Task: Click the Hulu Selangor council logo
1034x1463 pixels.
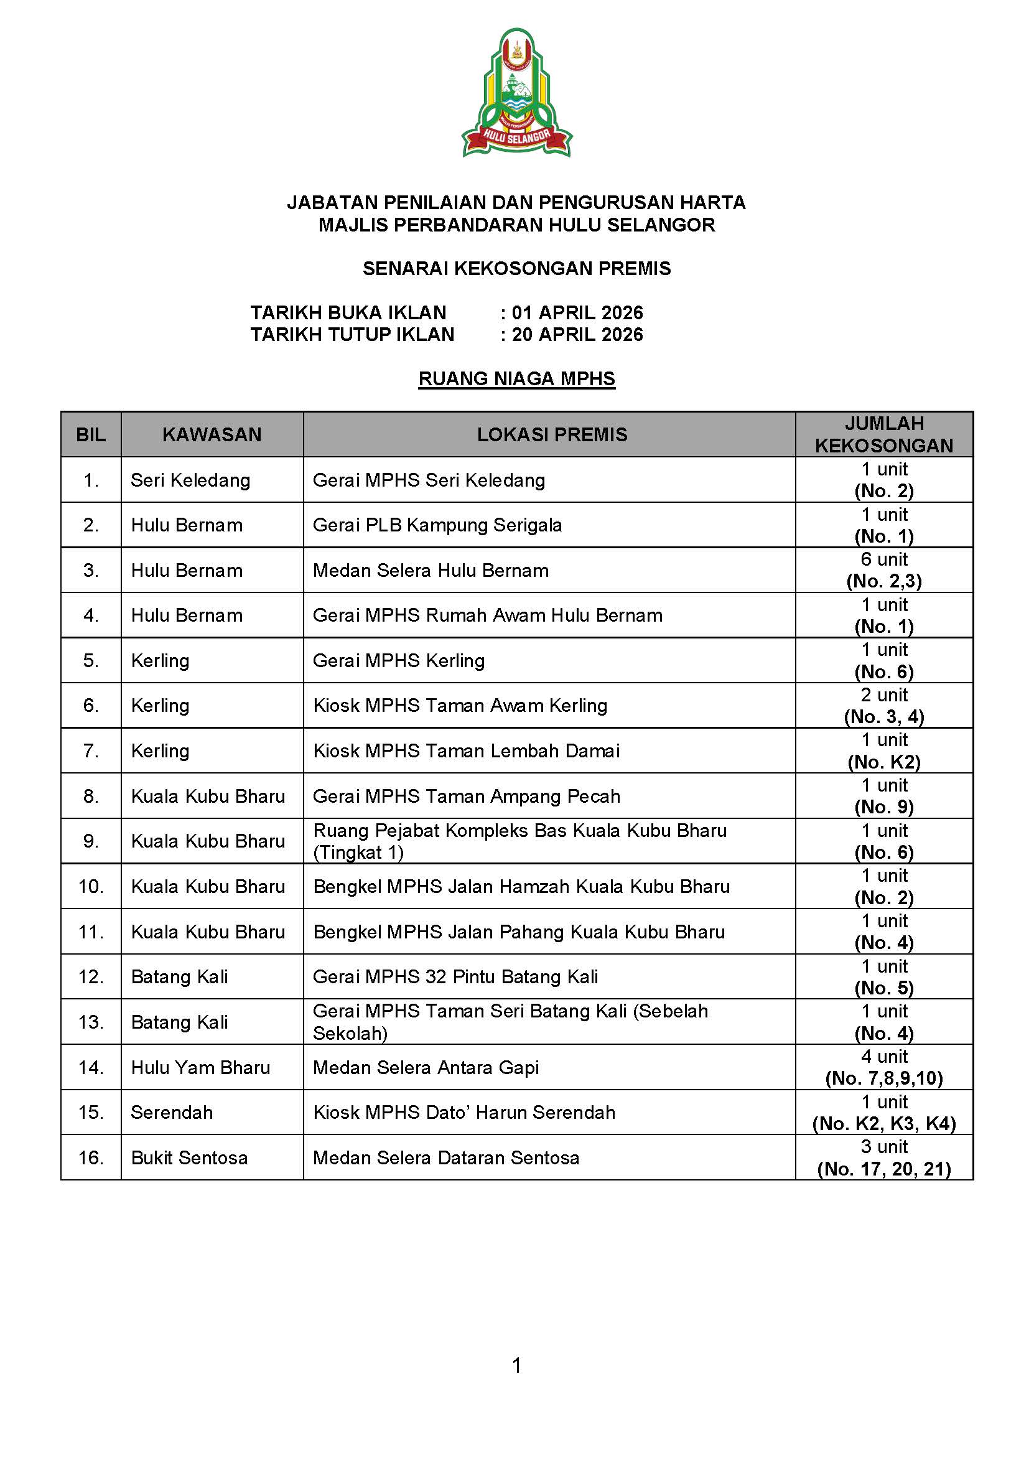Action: click(516, 93)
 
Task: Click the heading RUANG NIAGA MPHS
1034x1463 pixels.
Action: click(516, 378)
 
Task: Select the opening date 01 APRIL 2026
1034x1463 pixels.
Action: click(577, 312)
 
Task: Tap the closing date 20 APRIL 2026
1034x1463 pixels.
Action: click(577, 335)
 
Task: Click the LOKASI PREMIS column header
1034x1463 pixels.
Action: click(552, 434)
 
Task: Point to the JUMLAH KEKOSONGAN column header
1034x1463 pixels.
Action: click(883, 434)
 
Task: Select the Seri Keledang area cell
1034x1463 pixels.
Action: click(190, 480)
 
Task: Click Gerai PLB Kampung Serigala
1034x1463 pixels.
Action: click(437, 525)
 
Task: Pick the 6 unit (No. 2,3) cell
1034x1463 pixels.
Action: click(883, 570)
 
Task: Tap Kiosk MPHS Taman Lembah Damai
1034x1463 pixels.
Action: click(466, 750)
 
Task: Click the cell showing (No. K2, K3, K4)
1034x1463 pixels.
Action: click(883, 1123)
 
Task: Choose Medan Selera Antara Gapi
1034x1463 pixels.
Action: click(426, 1067)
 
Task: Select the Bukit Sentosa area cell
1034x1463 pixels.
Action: click(189, 1158)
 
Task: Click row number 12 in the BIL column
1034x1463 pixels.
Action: click(90, 977)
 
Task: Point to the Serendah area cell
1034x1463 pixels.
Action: click(171, 1113)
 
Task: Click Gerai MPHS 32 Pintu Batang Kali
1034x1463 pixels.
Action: click(455, 977)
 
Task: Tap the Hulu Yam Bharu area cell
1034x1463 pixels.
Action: click(201, 1067)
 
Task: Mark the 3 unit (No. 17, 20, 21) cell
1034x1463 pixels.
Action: click(883, 1158)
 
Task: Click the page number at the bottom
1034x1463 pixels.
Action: click(516, 1365)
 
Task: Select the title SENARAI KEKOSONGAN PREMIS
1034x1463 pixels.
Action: click(516, 268)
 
